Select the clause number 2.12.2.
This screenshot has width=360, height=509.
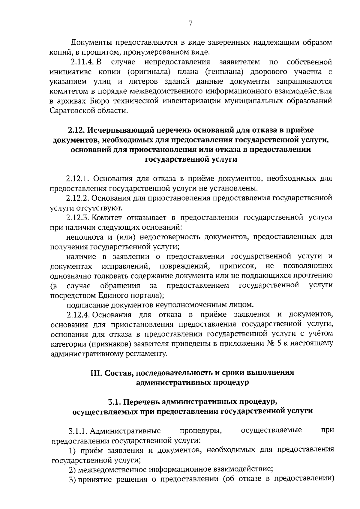[x=77, y=198]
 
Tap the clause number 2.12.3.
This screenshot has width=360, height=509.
[x=77, y=217]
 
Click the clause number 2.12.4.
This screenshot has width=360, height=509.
[x=78, y=315]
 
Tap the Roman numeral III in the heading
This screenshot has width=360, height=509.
[x=97, y=373]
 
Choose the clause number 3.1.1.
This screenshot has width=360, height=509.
[x=78, y=431]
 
